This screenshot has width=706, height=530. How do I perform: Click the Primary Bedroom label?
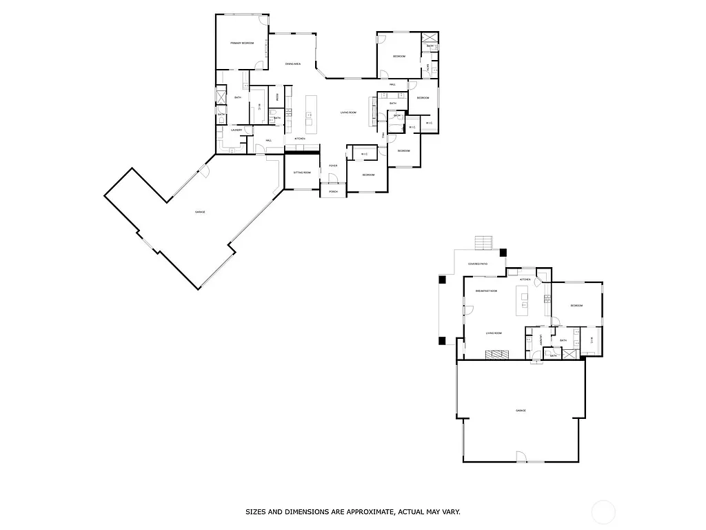pos(241,43)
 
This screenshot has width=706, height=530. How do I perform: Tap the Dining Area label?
pos(293,64)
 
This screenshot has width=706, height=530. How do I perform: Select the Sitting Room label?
pos(302,173)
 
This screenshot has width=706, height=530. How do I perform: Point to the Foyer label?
pos(333,166)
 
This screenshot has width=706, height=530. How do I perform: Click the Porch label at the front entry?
pos(333,191)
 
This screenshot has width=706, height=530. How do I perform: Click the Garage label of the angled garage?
pos(200,212)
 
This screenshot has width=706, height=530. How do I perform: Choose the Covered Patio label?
pos(478,264)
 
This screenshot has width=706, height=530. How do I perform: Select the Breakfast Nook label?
pos(486,291)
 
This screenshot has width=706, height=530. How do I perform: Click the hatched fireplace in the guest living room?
pos(496,355)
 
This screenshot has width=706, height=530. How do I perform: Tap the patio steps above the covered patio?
pos(484,243)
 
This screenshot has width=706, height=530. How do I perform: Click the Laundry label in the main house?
pos(236,130)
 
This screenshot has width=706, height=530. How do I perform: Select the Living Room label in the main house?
pos(347,112)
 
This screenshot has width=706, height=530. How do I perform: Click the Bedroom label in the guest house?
pos(576,306)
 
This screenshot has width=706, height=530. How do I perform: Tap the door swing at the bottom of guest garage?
pos(521,456)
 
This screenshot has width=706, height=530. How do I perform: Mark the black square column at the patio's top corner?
pos(503,253)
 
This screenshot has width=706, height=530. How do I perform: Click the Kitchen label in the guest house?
pos(525,279)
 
